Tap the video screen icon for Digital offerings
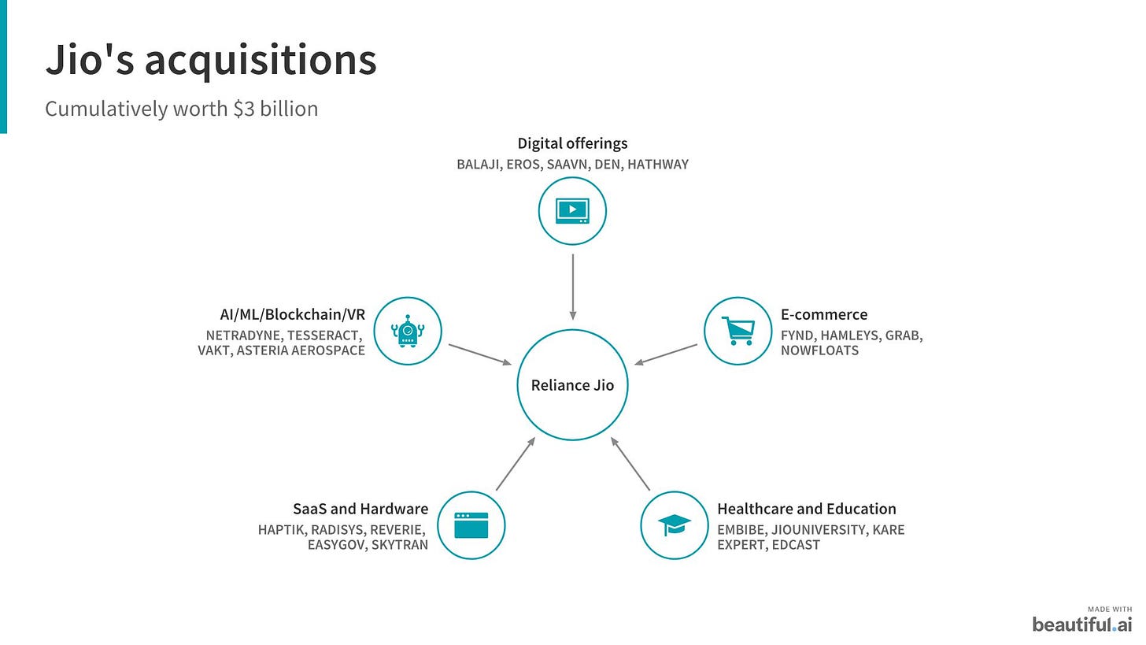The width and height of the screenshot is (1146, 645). [x=572, y=211]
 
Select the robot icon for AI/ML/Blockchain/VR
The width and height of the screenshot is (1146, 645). [x=408, y=331]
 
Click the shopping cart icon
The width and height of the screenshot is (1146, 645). [x=738, y=331]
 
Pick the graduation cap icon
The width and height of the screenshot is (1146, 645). [x=675, y=525]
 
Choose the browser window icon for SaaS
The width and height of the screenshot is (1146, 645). [x=471, y=525]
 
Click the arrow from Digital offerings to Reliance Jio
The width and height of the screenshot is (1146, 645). [x=572, y=287]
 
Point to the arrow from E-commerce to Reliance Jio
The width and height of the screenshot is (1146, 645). [x=666, y=354]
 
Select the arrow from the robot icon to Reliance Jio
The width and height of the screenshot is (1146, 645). [x=480, y=354]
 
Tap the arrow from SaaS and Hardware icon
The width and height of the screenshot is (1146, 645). [x=516, y=464]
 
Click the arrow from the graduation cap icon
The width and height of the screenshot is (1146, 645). [x=630, y=464]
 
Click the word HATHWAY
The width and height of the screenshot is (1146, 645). [x=658, y=165]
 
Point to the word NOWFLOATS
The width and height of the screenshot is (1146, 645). [x=819, y=350]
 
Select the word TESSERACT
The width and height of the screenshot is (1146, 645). [x=324, y=335]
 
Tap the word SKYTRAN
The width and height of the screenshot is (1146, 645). [x=400, y=545]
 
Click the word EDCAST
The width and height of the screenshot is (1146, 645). [x=796, y=545]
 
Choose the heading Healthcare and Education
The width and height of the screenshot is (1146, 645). [x=806, y=509]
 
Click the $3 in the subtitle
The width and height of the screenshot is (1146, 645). [x=244, y=109]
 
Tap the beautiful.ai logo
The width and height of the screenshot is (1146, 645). [x=1082, y=621]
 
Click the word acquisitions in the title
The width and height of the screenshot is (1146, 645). [x=261, y=61]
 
